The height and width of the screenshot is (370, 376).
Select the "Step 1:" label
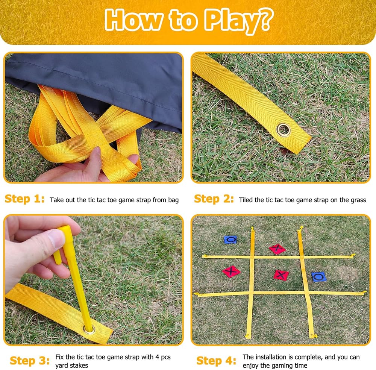pyautogui.click(x=24, y=199)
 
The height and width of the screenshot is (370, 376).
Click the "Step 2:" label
pyautogui.click(x=214, y=199)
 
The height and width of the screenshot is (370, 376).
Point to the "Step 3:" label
pyautogui.click(x=30, y=361)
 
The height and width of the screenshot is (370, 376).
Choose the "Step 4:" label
pyautogui.click(x=216, y=361)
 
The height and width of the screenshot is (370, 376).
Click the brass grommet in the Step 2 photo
pyautogui.click(x=284, y=130)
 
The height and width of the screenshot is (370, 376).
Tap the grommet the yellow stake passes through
pyautogui.click(x=89, y=329)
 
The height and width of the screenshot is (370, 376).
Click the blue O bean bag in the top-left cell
pyautogui.click(x=230, y=240)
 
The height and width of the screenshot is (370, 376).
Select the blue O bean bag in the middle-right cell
pyautogui.click(x=319, y=277)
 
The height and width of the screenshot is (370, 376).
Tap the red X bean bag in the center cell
pyautogui.click(x=281, y=275)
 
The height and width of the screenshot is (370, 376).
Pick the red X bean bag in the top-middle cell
pyautogui.click(x=277, y=249)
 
